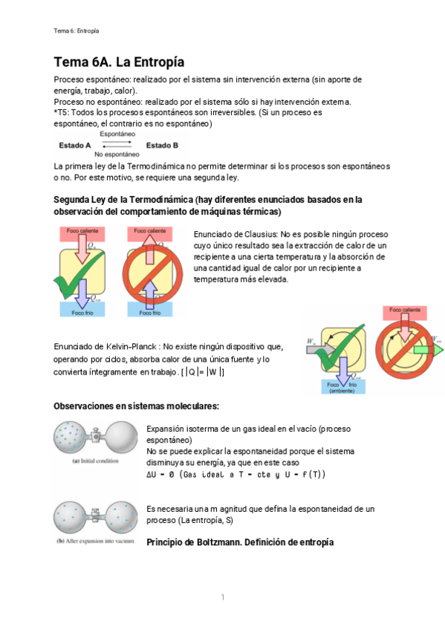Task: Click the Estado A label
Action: (74, 145)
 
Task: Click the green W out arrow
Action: (429, 349)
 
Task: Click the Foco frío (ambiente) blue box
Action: (342, 386)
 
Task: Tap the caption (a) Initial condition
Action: (97, 461)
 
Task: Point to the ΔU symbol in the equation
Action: (153, 474)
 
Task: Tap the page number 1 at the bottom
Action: (222, 597)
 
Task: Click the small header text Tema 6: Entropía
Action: (77, 30)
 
